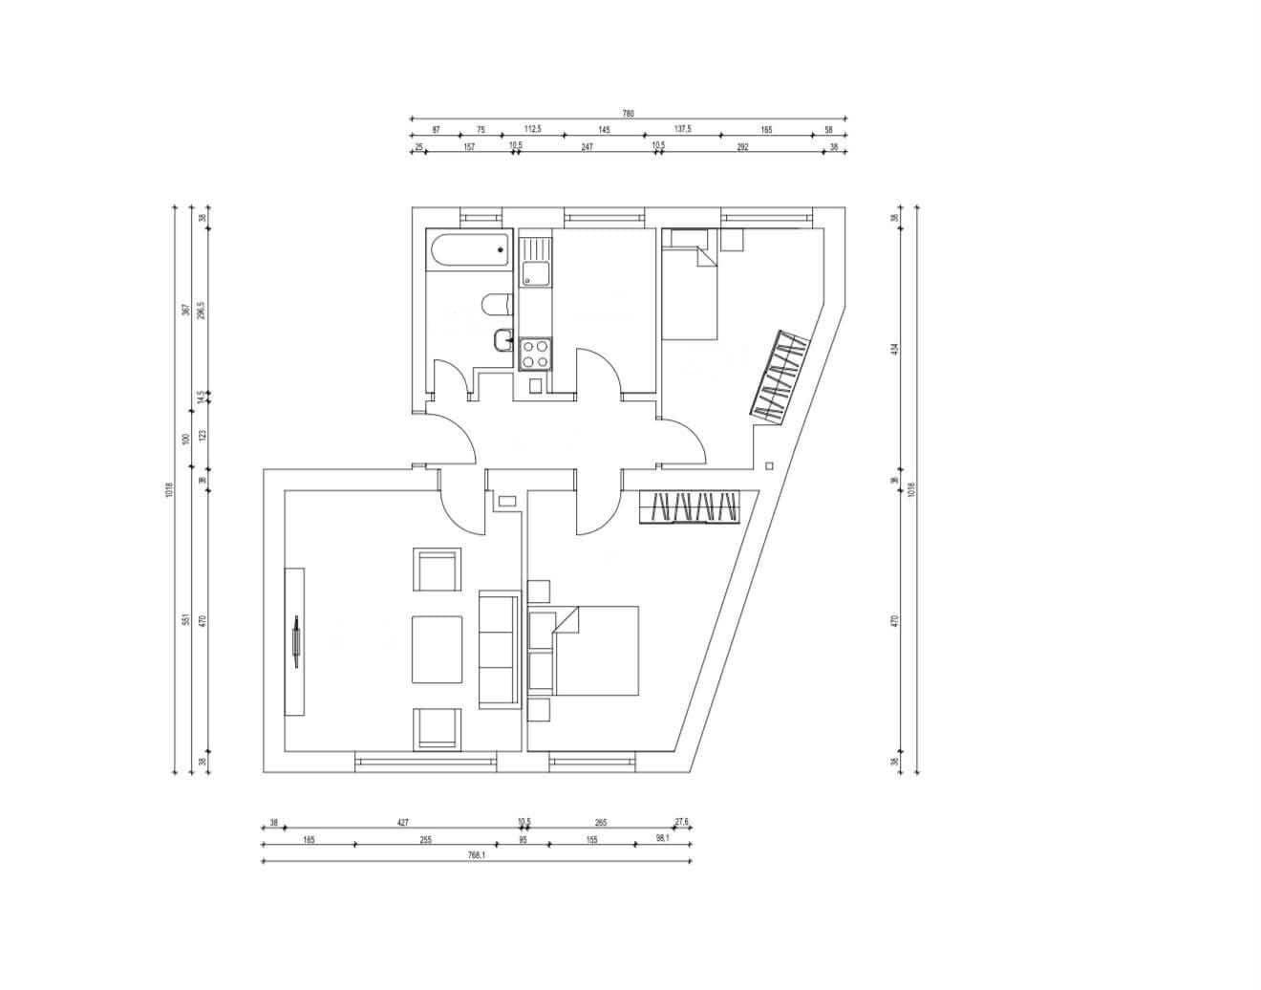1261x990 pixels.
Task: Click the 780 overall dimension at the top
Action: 628,114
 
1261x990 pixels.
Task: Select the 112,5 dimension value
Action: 533,130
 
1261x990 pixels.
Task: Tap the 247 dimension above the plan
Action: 587,147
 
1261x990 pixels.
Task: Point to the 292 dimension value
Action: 742,147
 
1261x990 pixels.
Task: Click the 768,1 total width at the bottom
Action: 477,855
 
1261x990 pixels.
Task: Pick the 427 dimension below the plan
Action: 402,822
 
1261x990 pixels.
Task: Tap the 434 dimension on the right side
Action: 895,349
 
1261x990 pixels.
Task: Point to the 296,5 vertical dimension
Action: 202,311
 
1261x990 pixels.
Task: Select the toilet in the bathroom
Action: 496,305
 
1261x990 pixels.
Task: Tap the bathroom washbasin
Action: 503,338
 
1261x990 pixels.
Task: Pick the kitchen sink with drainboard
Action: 535,261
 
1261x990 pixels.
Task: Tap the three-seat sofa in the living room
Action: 499,650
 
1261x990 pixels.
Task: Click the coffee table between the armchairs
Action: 437,649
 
